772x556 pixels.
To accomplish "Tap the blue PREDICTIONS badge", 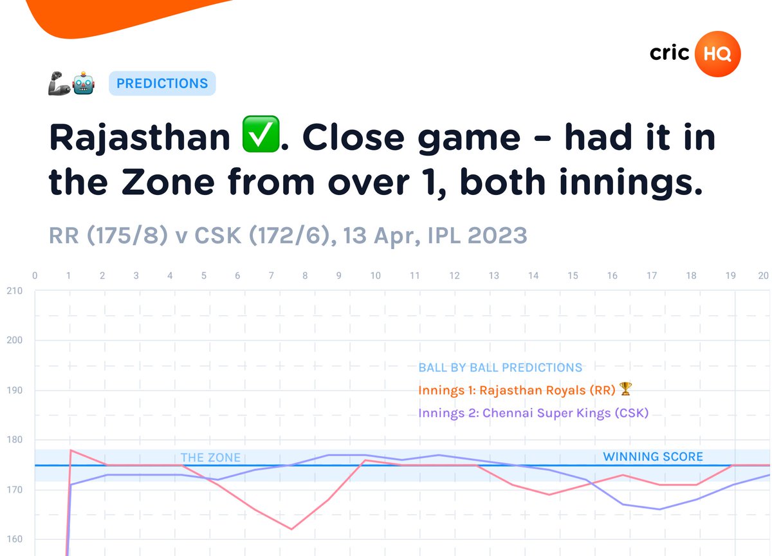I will [x=162, y=84].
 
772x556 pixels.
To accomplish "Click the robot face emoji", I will [x=84, y=84].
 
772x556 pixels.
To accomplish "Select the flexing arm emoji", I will [x=59, y=84].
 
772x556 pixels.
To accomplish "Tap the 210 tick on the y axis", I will [x=14, y=291].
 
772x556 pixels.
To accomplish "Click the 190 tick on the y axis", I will [x=14, y=391].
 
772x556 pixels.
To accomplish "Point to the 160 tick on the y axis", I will [x=14, y=540].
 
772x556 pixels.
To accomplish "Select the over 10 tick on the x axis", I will [x=375, y=276].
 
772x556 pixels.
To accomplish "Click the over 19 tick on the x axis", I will [x=731, y=276].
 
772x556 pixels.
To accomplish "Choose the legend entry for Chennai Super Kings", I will [x=533, y=412].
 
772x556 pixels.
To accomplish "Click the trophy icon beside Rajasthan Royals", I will [x=625, y=389].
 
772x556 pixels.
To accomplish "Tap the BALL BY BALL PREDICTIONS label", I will [x=500, y=367].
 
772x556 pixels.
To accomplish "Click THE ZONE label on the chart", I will [x=210, y=458].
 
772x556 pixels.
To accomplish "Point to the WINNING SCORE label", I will [x=653, y=456].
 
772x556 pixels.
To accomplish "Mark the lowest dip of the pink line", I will [x=291, y=529].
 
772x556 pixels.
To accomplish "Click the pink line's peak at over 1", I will [x=70, y=450].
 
